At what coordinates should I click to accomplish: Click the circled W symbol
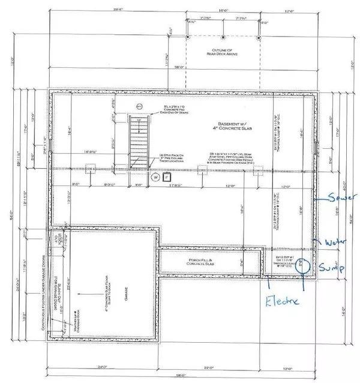click(x=155, y=178)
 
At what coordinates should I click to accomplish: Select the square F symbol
click(x=167, y=177)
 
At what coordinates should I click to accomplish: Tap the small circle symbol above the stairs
click(x=139, y=106)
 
